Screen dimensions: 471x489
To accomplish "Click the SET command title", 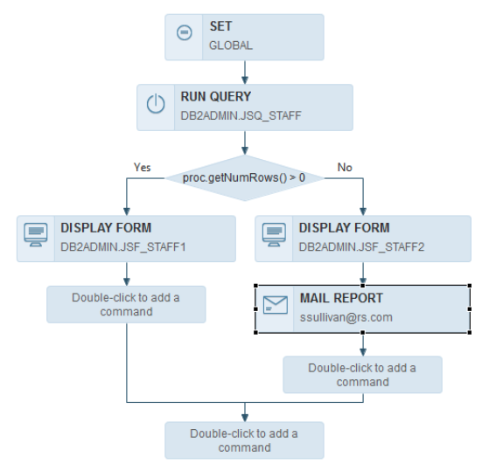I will point(220,26).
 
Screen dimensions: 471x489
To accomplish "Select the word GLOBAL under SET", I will point(231,45).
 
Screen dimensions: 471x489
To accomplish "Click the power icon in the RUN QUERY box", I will point(156,104).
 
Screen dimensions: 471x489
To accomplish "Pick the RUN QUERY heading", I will point(215,97).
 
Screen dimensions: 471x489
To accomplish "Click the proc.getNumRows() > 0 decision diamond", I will point(244,178).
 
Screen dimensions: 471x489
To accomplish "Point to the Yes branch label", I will point(143,166).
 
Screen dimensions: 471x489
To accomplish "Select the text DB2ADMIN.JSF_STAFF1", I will point(122,246).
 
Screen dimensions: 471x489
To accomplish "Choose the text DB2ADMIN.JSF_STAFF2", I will point(361,246).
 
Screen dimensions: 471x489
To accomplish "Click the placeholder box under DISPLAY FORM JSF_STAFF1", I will point(126,304).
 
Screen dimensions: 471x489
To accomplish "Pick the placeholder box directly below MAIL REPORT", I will point(362,374).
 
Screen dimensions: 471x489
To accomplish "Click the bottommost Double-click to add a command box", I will point(244,440).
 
